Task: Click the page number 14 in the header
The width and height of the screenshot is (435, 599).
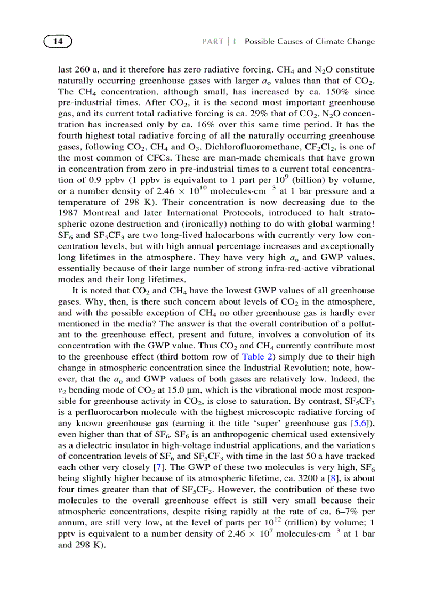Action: click(x=58, y=41)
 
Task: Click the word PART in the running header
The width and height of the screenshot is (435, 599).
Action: click(x=213, y=42)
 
